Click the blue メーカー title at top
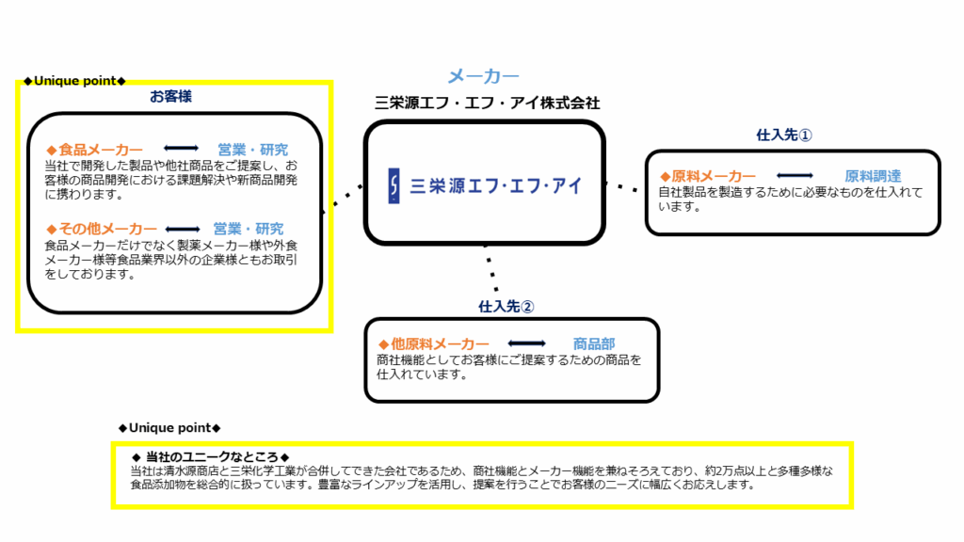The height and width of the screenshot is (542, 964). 483,76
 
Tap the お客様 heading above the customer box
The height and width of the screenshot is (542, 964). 171,97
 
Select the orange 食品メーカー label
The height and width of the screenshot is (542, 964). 94,150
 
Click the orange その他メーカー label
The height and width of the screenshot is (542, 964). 102,230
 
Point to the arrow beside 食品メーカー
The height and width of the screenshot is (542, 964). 181,148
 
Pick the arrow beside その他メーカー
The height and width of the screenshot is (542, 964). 183,230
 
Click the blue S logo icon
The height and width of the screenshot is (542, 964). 394,185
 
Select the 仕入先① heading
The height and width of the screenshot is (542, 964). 784,135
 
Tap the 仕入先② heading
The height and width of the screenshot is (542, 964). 506,307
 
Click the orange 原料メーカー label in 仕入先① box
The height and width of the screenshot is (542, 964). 708,176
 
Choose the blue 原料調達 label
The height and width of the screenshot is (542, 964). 873,176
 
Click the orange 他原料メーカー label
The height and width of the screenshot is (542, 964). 434,344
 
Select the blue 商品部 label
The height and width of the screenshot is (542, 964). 594,344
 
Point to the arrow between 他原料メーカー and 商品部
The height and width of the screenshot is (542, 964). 527,343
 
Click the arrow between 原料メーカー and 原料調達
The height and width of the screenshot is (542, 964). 795,176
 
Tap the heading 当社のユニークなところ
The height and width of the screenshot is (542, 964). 211,457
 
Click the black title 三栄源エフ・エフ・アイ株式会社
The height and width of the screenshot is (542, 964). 488,103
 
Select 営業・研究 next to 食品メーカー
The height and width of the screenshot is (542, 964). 252,150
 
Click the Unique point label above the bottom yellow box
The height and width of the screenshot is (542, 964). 169,428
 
